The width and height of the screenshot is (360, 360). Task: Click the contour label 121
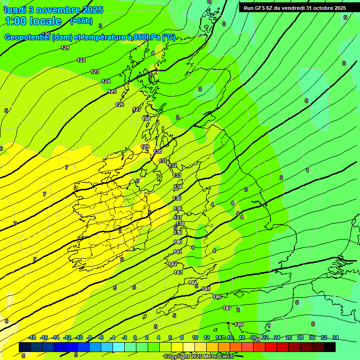point(65,48)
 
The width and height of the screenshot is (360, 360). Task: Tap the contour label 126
point(120,105)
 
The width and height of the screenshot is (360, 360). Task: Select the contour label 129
point(145,147)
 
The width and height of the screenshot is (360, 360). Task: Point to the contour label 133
point(177,175)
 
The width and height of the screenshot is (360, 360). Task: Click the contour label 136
point(178,209)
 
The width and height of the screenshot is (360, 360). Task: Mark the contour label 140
point(178,242)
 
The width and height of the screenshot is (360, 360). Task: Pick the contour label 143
point(178,272)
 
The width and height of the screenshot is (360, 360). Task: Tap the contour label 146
point(217,297)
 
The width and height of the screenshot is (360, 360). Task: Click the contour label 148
point(239,324)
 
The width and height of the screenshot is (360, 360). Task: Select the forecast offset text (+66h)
point(81,21)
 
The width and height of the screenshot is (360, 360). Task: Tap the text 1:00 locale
point(33,21)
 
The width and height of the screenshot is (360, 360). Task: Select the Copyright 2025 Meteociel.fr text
point(199,356)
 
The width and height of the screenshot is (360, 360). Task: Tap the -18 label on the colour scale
point(32,337)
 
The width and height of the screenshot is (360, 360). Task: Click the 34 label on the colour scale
point(336,337)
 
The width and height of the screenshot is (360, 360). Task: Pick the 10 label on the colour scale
point(195,337)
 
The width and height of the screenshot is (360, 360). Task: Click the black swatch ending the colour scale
point(329,347)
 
